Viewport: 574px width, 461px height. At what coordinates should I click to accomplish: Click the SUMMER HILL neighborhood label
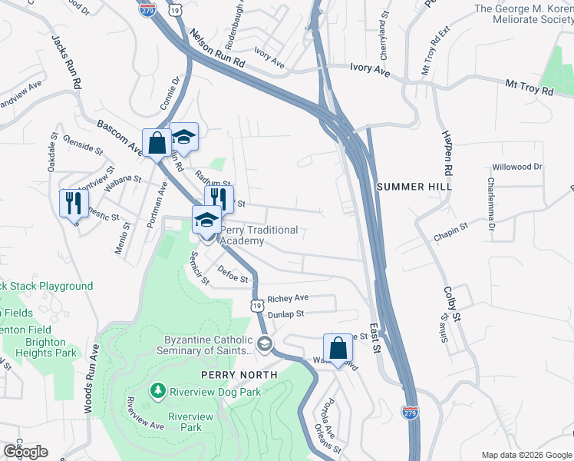pos(414,187)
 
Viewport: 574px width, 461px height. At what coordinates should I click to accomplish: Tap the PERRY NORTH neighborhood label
pos(239,375)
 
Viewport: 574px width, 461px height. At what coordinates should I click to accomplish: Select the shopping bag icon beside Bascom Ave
pos(157,143)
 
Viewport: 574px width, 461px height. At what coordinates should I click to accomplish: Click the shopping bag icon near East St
pos(338,349)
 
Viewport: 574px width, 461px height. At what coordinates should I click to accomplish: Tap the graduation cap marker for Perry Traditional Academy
pos(206,221)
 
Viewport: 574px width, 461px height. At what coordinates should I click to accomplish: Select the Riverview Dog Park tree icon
pos(158,392)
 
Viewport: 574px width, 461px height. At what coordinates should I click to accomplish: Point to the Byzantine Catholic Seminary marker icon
pos(265,343)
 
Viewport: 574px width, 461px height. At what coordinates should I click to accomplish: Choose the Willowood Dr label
pos(517,167)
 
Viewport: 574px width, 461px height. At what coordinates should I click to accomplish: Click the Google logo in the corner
pos(25,451)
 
